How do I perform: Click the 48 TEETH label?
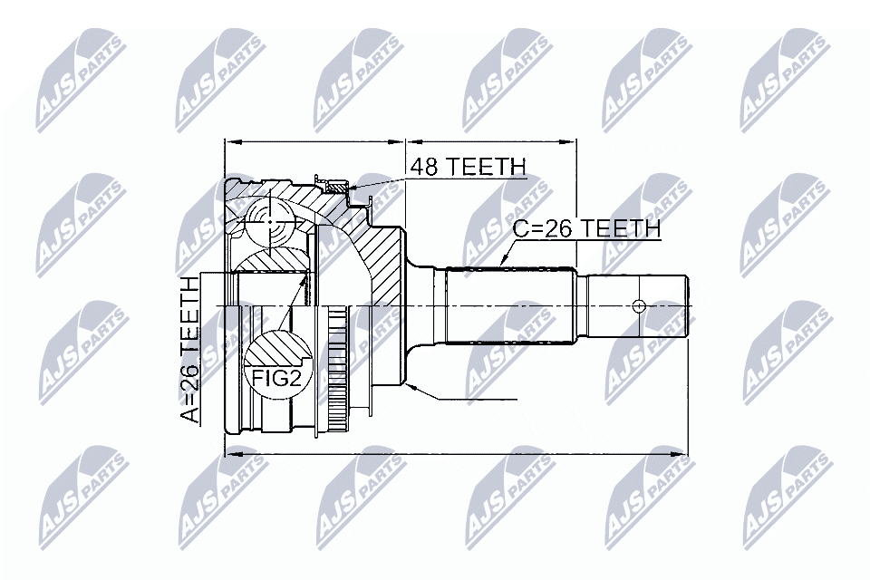click(468, 167)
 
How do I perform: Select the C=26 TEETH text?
click(586, 229)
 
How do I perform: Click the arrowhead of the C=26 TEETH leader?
click(504, 262)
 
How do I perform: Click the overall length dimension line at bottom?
click(453, 454)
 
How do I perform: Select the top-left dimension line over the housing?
click(314, 142)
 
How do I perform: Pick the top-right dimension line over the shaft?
click(490, 142)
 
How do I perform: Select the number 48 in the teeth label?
click(423, 167)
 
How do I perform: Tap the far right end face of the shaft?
click(689, 305)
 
